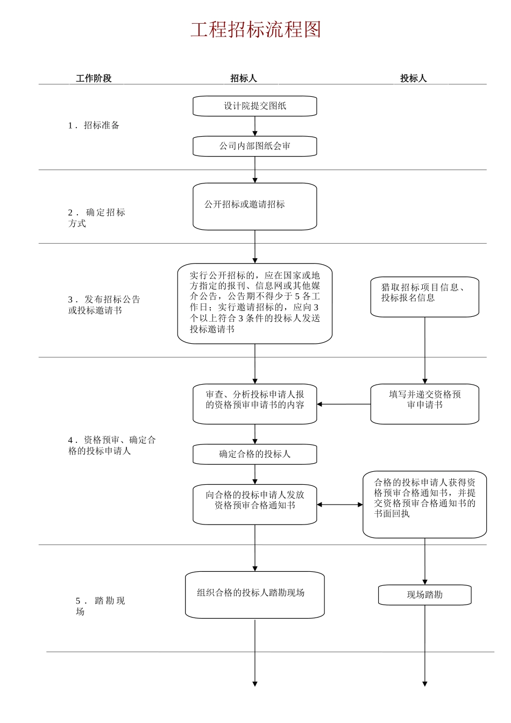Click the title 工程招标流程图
point(256,30)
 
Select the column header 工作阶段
point(94,79)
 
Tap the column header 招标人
point(244,79)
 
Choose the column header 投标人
point(413,79)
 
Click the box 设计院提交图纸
point(255,106)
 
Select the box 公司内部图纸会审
point(255,146)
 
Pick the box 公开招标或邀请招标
point(255,207)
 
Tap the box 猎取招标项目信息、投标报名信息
point(424,297)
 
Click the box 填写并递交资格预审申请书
point(424,403)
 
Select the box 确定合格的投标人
point(255,454)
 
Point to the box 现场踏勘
point(424,595)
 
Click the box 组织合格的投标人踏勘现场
point(255,594)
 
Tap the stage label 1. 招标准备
point(94,125)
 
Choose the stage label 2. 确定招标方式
point(97,218)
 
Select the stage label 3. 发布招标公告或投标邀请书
point(104,305)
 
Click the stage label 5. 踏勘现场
point(100,606)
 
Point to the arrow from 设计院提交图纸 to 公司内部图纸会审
point(255,126)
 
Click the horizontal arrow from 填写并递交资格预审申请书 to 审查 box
point(344,404)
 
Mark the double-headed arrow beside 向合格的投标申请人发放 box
point(340,505)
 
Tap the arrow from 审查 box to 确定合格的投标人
point(255,434)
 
